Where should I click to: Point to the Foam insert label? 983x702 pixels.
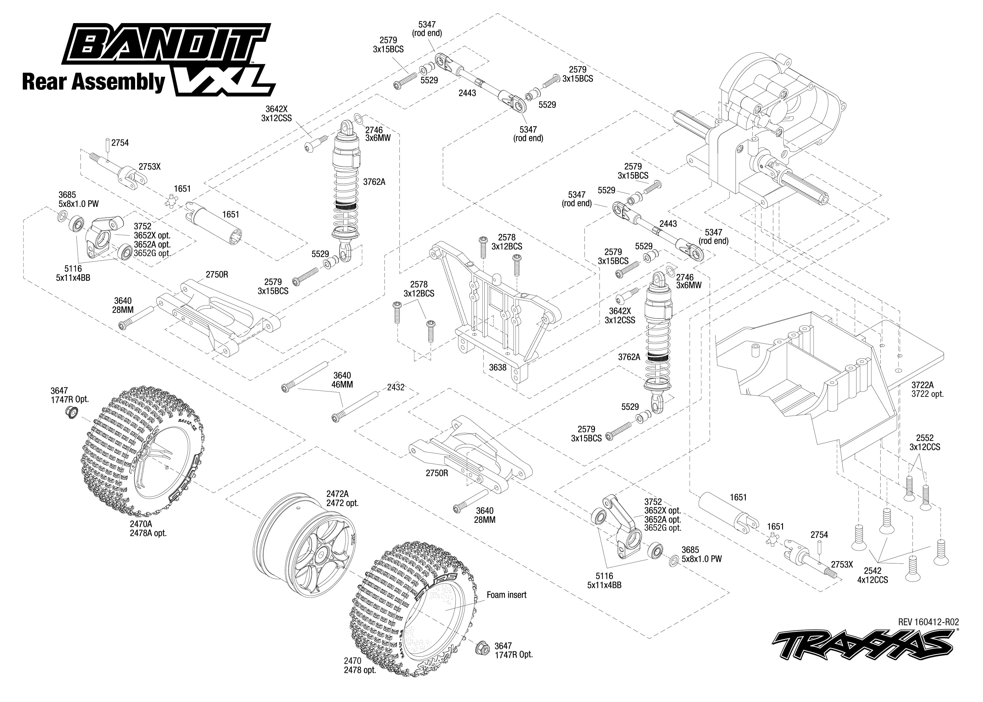coord(506,595)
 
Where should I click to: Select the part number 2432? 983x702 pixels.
coord(395,387)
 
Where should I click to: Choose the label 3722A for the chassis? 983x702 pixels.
coord(922,385)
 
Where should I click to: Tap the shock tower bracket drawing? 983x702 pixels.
coord(497,303)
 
